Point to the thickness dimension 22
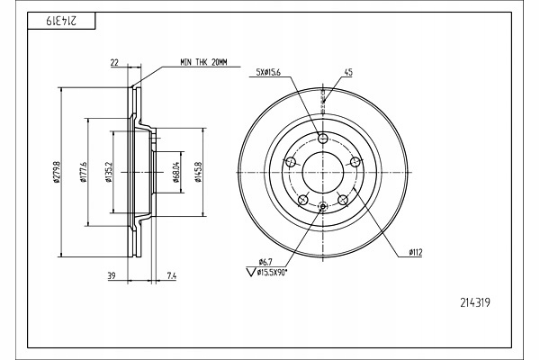point(115,62)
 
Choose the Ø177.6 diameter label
point(83,171)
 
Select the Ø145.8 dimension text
point(196,171)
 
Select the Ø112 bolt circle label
point(416,254)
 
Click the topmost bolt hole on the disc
point(323,139)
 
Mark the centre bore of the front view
point(323,171)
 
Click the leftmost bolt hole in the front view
point(290,162)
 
